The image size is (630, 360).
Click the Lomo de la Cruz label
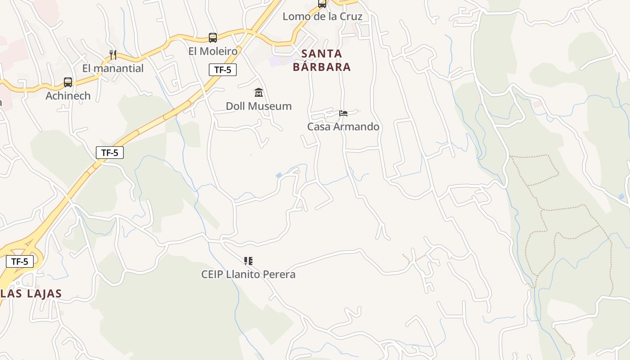(322, 17)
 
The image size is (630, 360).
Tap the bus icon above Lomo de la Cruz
(322, 4)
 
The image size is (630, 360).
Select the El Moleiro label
(213, 51)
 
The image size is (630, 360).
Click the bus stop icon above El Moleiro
(213, 38)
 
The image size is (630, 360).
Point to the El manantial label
(113, 68)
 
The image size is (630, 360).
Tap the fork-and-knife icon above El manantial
(113, 55)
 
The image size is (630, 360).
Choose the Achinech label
(68, 96)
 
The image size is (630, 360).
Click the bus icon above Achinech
(68, 82)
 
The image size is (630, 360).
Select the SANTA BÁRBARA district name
(321, 60)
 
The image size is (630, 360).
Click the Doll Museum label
(259, 106)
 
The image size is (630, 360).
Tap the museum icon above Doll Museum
(259, 93)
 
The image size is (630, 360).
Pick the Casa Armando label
(343, 127)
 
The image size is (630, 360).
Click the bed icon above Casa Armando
(343, 113)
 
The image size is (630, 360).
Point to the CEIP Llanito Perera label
(248, 274)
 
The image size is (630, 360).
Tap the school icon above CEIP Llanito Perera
(248, 261)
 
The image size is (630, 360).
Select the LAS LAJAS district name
(31, 294)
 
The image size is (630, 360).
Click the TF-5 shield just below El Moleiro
(223, 70)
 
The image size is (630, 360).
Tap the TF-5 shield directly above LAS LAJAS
(20, 261)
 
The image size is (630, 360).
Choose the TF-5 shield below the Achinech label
(110, 153)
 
